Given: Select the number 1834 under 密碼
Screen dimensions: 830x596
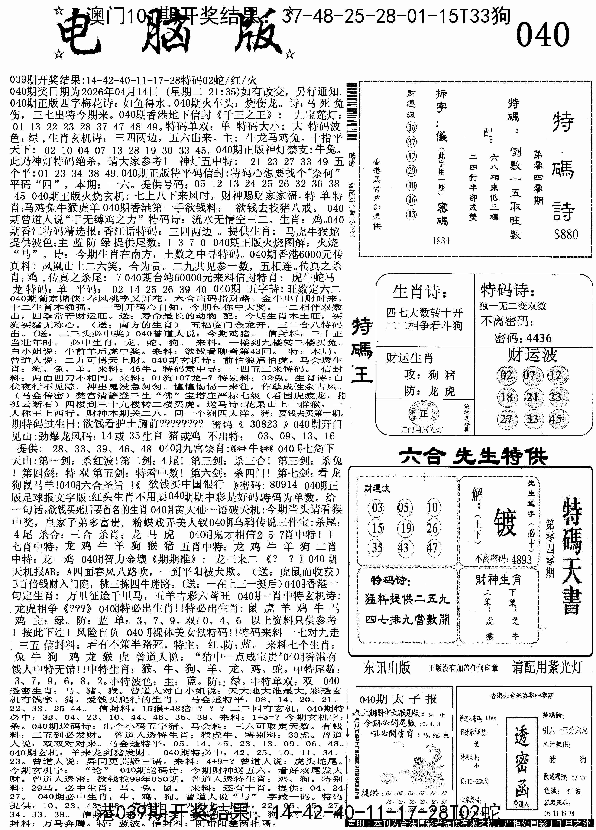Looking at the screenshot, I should tap(441, 241).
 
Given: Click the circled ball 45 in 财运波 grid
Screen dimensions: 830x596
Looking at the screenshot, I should tap(555, 419).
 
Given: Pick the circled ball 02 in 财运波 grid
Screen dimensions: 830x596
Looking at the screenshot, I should tap(506, 375).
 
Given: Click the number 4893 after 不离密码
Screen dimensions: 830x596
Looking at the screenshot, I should tap(522, 559).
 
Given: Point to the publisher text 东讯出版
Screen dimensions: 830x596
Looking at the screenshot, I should tap(387, 667).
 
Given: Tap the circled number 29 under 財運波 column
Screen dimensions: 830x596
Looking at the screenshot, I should tap(411, 171).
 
